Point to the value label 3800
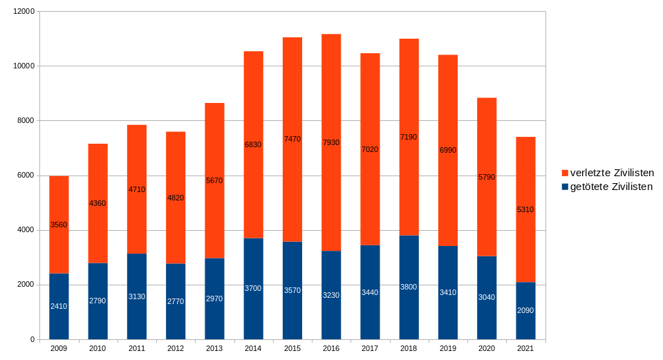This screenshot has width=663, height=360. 409,287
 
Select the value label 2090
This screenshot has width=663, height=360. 525,310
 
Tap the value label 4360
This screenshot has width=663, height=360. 97,203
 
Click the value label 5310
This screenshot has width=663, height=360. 525,209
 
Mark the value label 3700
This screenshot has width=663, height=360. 253,288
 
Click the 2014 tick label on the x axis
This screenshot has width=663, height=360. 253,349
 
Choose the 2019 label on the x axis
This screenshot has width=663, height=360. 447,349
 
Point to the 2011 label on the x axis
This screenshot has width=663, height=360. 136,349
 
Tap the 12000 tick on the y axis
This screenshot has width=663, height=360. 24,12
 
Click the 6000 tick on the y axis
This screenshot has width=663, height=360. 26,176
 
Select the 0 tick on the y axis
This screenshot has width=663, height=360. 32,340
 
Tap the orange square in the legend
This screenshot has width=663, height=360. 565,173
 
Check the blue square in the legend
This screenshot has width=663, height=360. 565,187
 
